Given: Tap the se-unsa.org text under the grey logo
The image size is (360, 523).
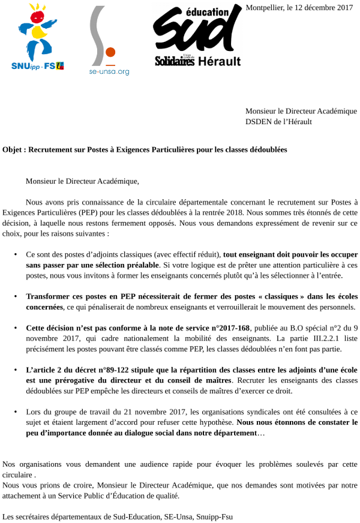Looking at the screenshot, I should coord(109,72).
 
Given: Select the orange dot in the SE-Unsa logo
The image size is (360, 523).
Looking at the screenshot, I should coord(110,52).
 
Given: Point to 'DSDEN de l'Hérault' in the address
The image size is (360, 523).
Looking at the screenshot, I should coord(278,121).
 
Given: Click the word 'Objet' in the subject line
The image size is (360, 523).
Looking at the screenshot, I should coord(13,149).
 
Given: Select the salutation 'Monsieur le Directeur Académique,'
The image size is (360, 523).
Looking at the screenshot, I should coord(82,180).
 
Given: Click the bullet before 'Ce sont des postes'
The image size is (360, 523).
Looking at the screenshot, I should coord(15,254).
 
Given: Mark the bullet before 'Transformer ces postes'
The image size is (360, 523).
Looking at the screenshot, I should coord(15,296).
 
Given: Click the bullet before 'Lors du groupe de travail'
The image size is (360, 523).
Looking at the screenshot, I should coord(15,412).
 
